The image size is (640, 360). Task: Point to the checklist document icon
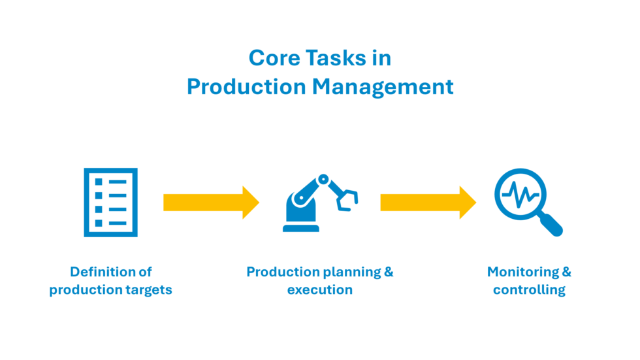point(110,202)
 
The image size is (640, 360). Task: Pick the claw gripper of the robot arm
point(347,199)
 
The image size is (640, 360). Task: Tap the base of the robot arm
point(301,227)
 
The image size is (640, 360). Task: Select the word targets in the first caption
point(148,289)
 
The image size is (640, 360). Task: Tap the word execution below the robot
point(319,289)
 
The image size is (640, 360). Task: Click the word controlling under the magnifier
point(529,289)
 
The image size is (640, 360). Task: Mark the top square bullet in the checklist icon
point(99,181)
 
